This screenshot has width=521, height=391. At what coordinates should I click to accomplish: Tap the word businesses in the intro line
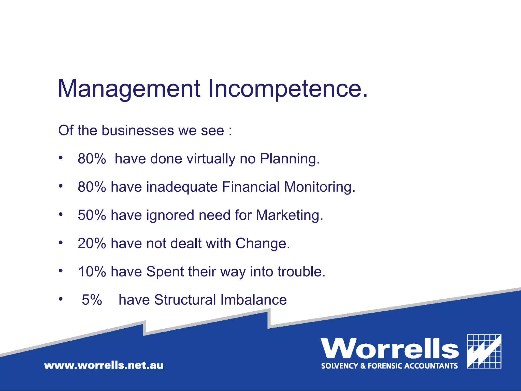click(x=138, y=131)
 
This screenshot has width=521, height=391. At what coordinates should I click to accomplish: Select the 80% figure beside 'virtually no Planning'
click(x=92, y=159)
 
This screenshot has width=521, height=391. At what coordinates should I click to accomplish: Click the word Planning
click(x=290, y=159)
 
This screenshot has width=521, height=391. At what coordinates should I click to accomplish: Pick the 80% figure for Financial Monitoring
click(x=92, y=187)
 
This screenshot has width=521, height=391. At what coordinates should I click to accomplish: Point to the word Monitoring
click(x=319, y=187)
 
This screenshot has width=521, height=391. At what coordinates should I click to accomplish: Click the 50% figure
click(x=92, y=215)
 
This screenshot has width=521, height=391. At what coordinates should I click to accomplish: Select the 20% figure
click(x=92, y=244)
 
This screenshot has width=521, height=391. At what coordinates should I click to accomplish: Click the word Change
click(x=263, y=244)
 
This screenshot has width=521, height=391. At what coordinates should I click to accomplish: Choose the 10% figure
click(x=92, y=272)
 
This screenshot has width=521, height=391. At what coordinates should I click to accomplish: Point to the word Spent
click(x=165, y=272)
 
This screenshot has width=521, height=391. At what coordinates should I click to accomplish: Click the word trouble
click(x=301, y=272)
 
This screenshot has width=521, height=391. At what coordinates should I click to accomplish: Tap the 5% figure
click(x=92, y=300)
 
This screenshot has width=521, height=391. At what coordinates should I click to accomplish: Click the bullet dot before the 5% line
click(x=61, y=299)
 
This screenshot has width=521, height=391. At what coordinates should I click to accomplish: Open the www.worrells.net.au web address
click(x=104, y=366)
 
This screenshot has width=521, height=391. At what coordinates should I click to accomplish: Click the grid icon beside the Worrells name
click(x=484, y=351)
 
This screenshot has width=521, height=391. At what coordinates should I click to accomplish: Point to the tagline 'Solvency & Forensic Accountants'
click(x=389, y=366)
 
